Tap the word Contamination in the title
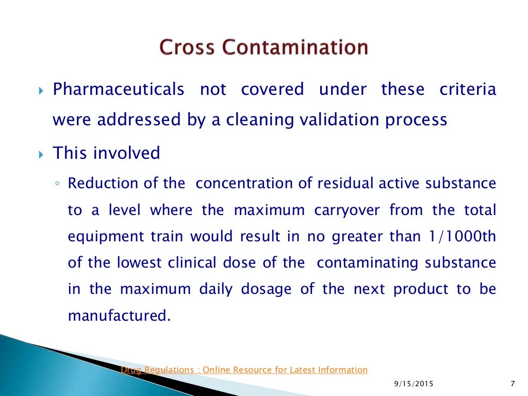[295, 47]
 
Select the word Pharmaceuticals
[119, 89]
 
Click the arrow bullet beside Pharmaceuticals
[42, 91]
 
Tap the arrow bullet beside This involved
[42, 154]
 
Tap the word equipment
[100, 237]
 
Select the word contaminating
[368, 263]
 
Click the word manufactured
[119, 316]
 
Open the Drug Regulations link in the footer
[244, 370]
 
